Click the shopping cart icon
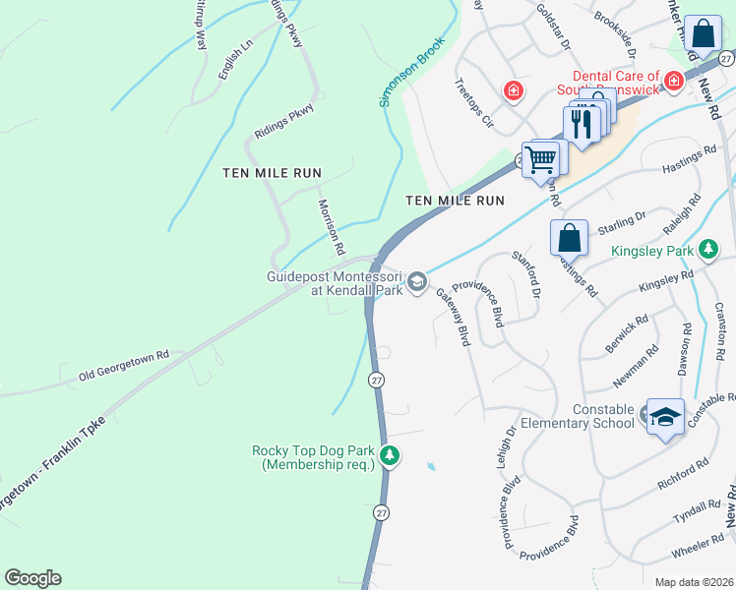click(541, 159)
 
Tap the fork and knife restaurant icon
click(582, 124)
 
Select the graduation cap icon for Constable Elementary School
click(665, 416)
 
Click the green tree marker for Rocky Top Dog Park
click(391, 456)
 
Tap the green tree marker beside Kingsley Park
click(706, 252)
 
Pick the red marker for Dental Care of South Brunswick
click(674, 81)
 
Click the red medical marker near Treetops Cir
click(513, 91)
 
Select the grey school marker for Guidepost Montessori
click(417, 283)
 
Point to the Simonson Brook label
click(411, 73)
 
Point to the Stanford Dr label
click(526, 274)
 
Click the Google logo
click(32, 578)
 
